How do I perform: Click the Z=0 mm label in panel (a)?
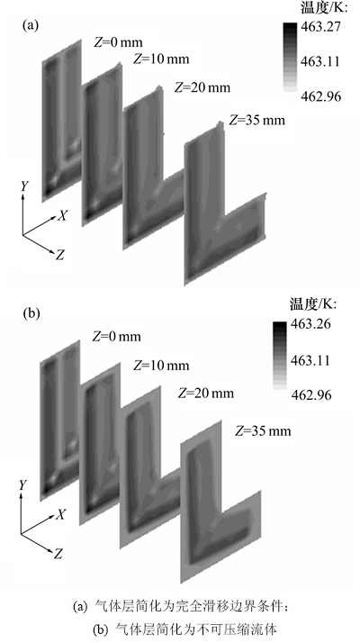click(118, 42)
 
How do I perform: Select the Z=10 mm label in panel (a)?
click(161, 59)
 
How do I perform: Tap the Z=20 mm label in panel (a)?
click(202, 87)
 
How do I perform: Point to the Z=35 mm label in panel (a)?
click(256, 120)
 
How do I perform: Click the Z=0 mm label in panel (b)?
click(116, 337)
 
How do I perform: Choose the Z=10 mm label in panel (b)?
click(161, 365)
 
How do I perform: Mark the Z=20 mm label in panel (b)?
click(206, 394)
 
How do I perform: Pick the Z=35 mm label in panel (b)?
click(263, 431)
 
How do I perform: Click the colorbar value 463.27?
click(320, 28)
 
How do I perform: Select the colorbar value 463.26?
click(310, 324)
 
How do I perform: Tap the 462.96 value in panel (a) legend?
click(320, 96)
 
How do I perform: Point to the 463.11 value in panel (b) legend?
click(310, 361)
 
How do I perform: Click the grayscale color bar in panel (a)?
click(289, 57)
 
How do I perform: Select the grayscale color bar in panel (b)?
click(280, 356)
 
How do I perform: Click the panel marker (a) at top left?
click(31, 25)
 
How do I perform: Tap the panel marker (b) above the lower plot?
click(31, 314)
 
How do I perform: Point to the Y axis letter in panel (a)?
click(25, 186)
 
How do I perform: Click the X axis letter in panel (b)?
click(60, 514)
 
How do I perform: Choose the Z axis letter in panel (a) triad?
click(60, 256)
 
